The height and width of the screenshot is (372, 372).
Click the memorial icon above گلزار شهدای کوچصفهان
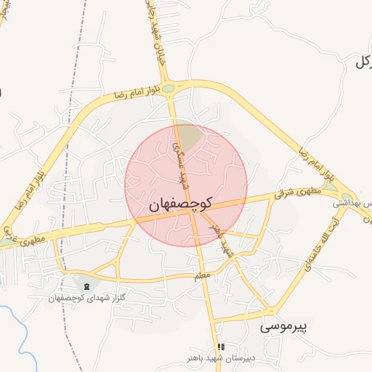click(87, 285)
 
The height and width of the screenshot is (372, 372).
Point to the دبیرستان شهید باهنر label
click(220, 360)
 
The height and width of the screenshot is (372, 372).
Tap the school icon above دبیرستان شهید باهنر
click(221, 347)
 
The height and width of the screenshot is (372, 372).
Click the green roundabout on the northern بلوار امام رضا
click(169, 89)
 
